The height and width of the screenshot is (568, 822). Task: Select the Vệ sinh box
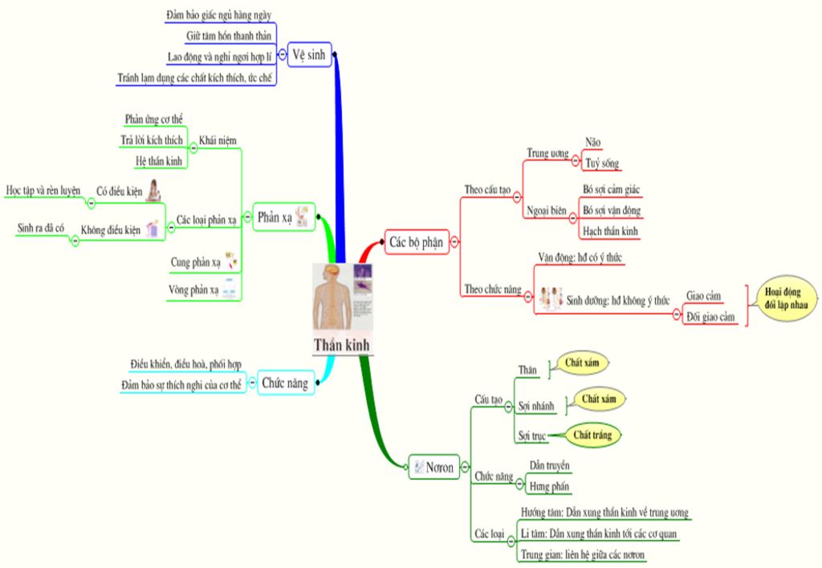click(x=308, y=55)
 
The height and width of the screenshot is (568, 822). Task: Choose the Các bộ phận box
click(x=416, y=241)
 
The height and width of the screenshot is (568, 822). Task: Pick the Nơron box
click(x=433, y=466)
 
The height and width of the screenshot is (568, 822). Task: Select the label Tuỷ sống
click(x=601, y=164)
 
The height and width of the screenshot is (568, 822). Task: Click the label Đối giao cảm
click(x=710, y=317)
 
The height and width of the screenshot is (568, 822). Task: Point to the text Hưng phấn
click(x=550, y=486)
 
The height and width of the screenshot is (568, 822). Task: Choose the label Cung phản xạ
click(x=195, y=262)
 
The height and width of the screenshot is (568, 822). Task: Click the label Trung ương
click(x=547, y=153)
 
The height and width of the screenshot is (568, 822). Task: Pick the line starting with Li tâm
click(x=602, y=534)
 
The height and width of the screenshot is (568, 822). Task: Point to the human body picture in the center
click(x=332, y=298)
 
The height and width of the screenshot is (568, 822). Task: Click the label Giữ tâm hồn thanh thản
click(x=228, y=37)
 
